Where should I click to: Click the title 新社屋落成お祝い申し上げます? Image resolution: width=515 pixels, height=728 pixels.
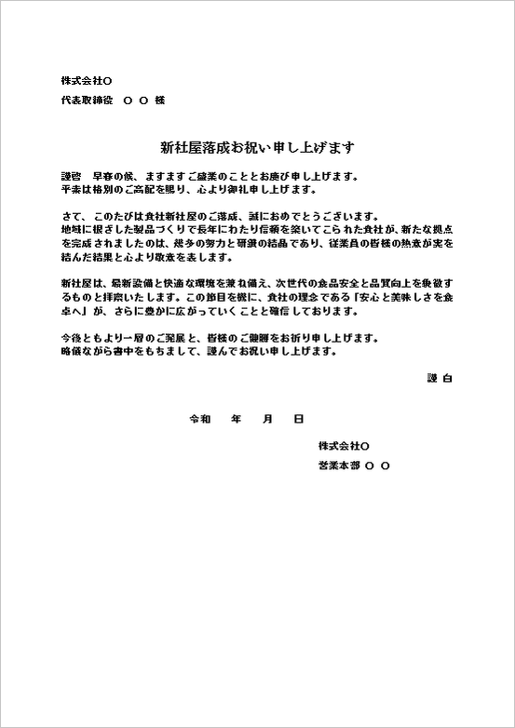[257, 147]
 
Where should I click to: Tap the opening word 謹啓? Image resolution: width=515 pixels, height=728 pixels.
[71, 176]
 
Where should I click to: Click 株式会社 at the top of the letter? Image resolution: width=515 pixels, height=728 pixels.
[81, 80]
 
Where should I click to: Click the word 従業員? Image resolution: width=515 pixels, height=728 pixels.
[362, 243]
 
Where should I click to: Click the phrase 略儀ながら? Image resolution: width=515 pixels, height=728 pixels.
[87, 353]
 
